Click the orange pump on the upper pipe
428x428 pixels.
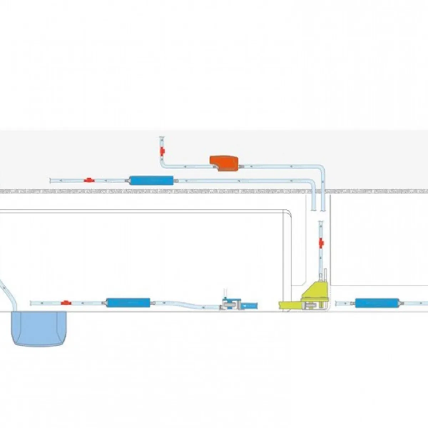[x=225, y=163]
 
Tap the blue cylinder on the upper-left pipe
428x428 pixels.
[x=151, y=180]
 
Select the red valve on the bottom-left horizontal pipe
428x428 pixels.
[x=65, y=303]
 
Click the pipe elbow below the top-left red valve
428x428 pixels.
[x=163, y=165]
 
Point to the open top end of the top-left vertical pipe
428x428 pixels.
[x=162, y=137]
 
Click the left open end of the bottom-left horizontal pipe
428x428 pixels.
[x=31, y=303]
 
